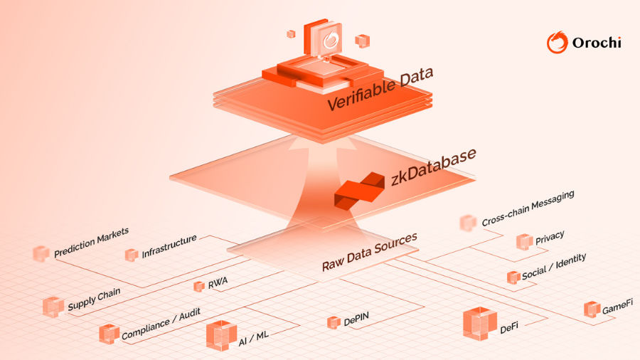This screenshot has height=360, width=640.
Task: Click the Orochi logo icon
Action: (x=558, y=42)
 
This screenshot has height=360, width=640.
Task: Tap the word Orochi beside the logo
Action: (x=597, y=43)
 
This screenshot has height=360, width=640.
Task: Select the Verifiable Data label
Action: (x=380, y=90)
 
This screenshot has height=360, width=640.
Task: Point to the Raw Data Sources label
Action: (x=369, y=253)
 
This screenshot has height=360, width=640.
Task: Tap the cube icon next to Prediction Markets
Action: (x=41, y=253)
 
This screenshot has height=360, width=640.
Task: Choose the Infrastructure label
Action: (x=169, y=246)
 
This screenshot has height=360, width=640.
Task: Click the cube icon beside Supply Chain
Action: (x=53, y=307)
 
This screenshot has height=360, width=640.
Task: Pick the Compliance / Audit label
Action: (x=161, y=324)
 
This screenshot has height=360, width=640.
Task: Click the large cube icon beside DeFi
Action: (x=479, y=324)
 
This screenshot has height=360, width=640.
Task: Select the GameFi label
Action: (x=617, y=307)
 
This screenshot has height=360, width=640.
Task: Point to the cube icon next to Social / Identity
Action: (x=513, y=277)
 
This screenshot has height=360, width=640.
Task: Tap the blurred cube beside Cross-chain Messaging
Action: (x=467, y=223)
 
